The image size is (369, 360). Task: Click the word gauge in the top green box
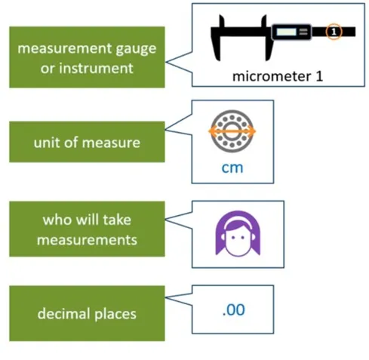[136, 49]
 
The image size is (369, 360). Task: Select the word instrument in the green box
[96, 68]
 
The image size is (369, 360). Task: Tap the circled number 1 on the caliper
[334, 32]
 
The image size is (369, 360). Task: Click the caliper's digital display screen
[286, 32]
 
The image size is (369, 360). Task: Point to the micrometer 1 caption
[278, 76]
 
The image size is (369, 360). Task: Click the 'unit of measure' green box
[87, 142]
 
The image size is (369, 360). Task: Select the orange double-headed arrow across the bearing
[232, 131]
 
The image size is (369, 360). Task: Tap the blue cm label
[232, 168]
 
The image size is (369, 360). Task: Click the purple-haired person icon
[238, 234]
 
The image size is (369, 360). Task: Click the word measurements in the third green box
[87, 240]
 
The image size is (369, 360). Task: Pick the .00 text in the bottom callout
[234, 309]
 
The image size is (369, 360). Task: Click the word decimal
[64, 314]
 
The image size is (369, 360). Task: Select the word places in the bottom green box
[115, 315]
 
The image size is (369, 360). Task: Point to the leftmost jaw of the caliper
[217, 38]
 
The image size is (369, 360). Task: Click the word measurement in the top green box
[65, 48]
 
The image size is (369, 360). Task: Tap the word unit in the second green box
[47, 143]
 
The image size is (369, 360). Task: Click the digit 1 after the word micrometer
[319, 76]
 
